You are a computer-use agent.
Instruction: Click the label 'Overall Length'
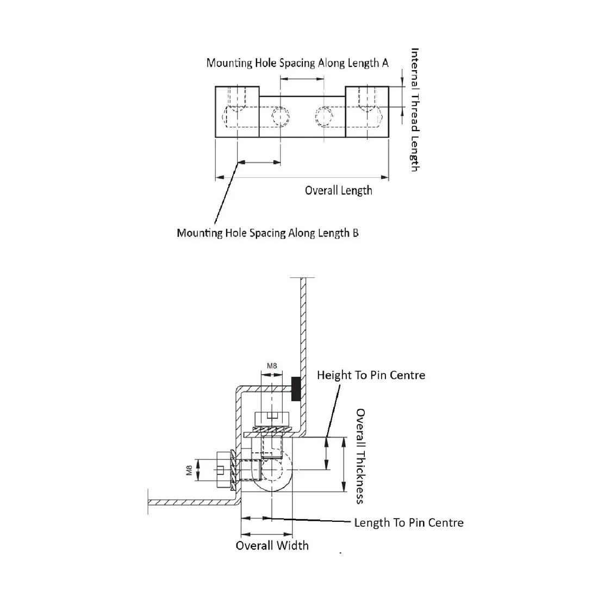(338, 190)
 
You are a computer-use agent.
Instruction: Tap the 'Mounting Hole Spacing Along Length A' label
(297, 63)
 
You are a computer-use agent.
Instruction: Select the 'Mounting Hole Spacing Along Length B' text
(267, 233)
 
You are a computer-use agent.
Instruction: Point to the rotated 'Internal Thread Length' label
(415, 110)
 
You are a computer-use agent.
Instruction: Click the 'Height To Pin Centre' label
(371, 375)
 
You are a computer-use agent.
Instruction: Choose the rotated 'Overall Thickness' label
(360, 457)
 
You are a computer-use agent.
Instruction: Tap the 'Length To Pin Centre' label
(409, 522)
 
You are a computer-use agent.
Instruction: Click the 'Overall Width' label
(272, 545)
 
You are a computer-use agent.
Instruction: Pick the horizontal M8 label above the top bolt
(272, 366)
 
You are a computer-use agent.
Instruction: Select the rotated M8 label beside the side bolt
(189, 470)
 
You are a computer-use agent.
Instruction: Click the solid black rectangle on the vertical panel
(296, 389)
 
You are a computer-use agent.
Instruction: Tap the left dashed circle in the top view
(281, 116)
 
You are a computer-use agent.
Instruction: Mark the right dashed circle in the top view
(324, 116)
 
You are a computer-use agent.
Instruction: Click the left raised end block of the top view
(237, 112)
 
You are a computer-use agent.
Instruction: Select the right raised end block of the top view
(367, 112)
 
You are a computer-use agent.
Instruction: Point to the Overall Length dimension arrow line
(302, 177)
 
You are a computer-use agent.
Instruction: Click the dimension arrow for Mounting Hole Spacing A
(302, 79)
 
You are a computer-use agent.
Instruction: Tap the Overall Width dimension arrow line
(267, 534)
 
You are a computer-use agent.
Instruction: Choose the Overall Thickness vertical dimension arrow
(344, 464)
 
